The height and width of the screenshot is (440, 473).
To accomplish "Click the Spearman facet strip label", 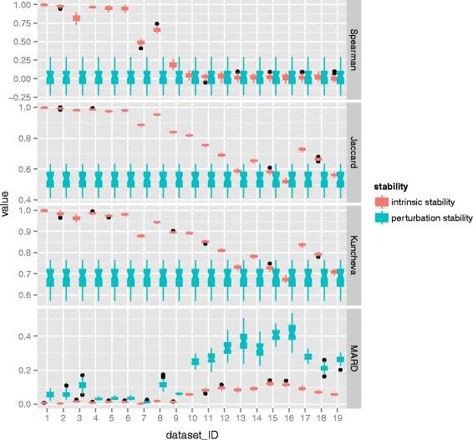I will tap(355, 49).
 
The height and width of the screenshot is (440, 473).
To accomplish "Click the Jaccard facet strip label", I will tap(355, 152).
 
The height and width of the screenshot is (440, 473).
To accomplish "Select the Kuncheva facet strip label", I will tap(355, 255).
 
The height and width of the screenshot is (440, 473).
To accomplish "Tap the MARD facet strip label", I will tap(355, 358).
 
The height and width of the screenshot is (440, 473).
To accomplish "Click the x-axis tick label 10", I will tap(195, 417).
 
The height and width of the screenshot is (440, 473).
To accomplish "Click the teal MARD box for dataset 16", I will tap(292, 332).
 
